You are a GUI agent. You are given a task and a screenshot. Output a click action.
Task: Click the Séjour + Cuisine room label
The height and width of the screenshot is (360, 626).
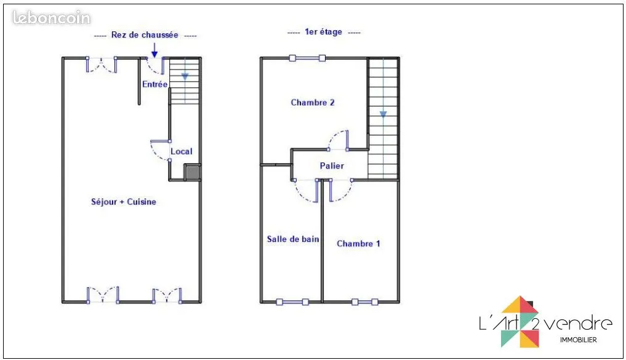(123, 202)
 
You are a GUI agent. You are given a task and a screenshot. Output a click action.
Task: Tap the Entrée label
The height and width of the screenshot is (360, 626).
(155, 84)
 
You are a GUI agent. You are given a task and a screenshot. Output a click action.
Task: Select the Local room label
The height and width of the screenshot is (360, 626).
(181, 151)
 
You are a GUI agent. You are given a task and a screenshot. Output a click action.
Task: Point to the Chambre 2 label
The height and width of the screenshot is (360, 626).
(313, 103)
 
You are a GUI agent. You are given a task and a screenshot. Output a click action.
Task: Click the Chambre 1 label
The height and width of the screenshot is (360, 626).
(358, 244)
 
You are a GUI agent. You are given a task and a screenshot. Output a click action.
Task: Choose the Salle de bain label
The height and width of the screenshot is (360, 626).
(293, 239)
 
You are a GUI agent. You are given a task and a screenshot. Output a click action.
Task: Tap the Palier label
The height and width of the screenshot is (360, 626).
(332, 166)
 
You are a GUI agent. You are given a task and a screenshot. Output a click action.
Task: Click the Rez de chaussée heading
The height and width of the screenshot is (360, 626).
(145, 34)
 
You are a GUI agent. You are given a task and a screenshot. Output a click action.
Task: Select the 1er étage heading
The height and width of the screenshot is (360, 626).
(323, 32)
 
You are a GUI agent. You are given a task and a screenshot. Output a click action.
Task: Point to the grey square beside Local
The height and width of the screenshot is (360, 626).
(193, 172)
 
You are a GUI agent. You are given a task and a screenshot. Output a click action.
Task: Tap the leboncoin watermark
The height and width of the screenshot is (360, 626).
(52, 18)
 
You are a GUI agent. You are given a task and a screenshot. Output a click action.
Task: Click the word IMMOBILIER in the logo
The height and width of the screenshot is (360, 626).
(579, 340)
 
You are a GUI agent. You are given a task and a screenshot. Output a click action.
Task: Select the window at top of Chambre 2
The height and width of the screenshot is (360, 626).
(307, 58)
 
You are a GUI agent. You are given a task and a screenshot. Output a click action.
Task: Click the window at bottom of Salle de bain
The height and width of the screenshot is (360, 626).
(292, 302)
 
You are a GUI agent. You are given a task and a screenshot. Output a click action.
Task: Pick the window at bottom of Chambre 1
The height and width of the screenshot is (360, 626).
(364, 302)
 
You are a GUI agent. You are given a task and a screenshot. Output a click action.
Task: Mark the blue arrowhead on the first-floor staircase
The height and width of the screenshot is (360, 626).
(383, 114)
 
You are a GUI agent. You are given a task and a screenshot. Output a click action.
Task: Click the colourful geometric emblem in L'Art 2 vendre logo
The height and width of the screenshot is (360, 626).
(520, 322)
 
